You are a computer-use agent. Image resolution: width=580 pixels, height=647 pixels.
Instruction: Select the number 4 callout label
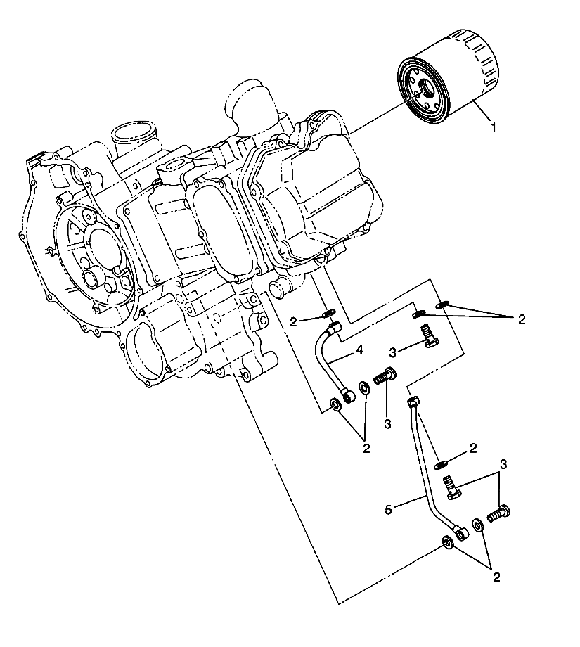(358, 349)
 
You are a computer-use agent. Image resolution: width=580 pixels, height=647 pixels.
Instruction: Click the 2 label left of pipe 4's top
(292, 321)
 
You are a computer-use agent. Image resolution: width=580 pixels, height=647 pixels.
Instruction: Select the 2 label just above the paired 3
(473, 447)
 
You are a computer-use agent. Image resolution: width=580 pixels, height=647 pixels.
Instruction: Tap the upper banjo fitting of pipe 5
(413, 402)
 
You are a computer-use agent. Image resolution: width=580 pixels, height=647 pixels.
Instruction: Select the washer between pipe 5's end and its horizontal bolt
(477, 525)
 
